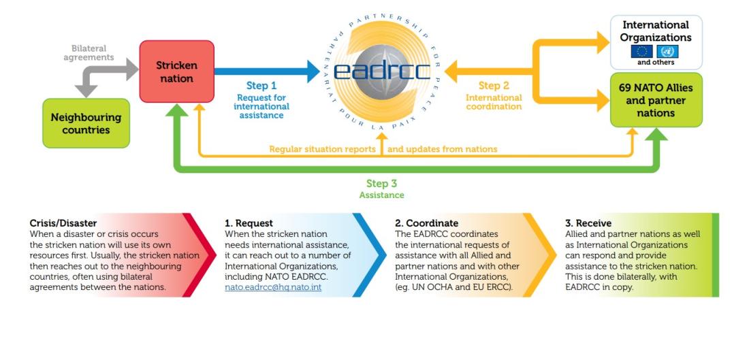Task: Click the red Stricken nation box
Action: click(x=177, y=71)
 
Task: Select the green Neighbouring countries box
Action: click(x=86, y=123)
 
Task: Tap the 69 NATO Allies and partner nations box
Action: click(x=656, y=100)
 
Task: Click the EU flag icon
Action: click(x=642, y=52)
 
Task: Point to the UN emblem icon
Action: click(x=667, y=52)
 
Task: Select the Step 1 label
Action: click(x=261, y=86)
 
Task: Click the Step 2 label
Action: click(x=494, y=86)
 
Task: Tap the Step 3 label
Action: click(x=382, y=183)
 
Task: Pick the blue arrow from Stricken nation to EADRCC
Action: click(x=267, y=71)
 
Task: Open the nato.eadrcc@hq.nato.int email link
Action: click(x=273, y=287)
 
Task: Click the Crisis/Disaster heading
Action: click(x=63, y=223)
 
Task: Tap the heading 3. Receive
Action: click(x=588, y=223)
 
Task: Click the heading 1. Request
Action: click(x=249, y=223)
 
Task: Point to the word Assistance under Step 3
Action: click(x=382, y=195)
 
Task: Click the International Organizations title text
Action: click(x=656, y=31)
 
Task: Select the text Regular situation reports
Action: click(x=323, y=149)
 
